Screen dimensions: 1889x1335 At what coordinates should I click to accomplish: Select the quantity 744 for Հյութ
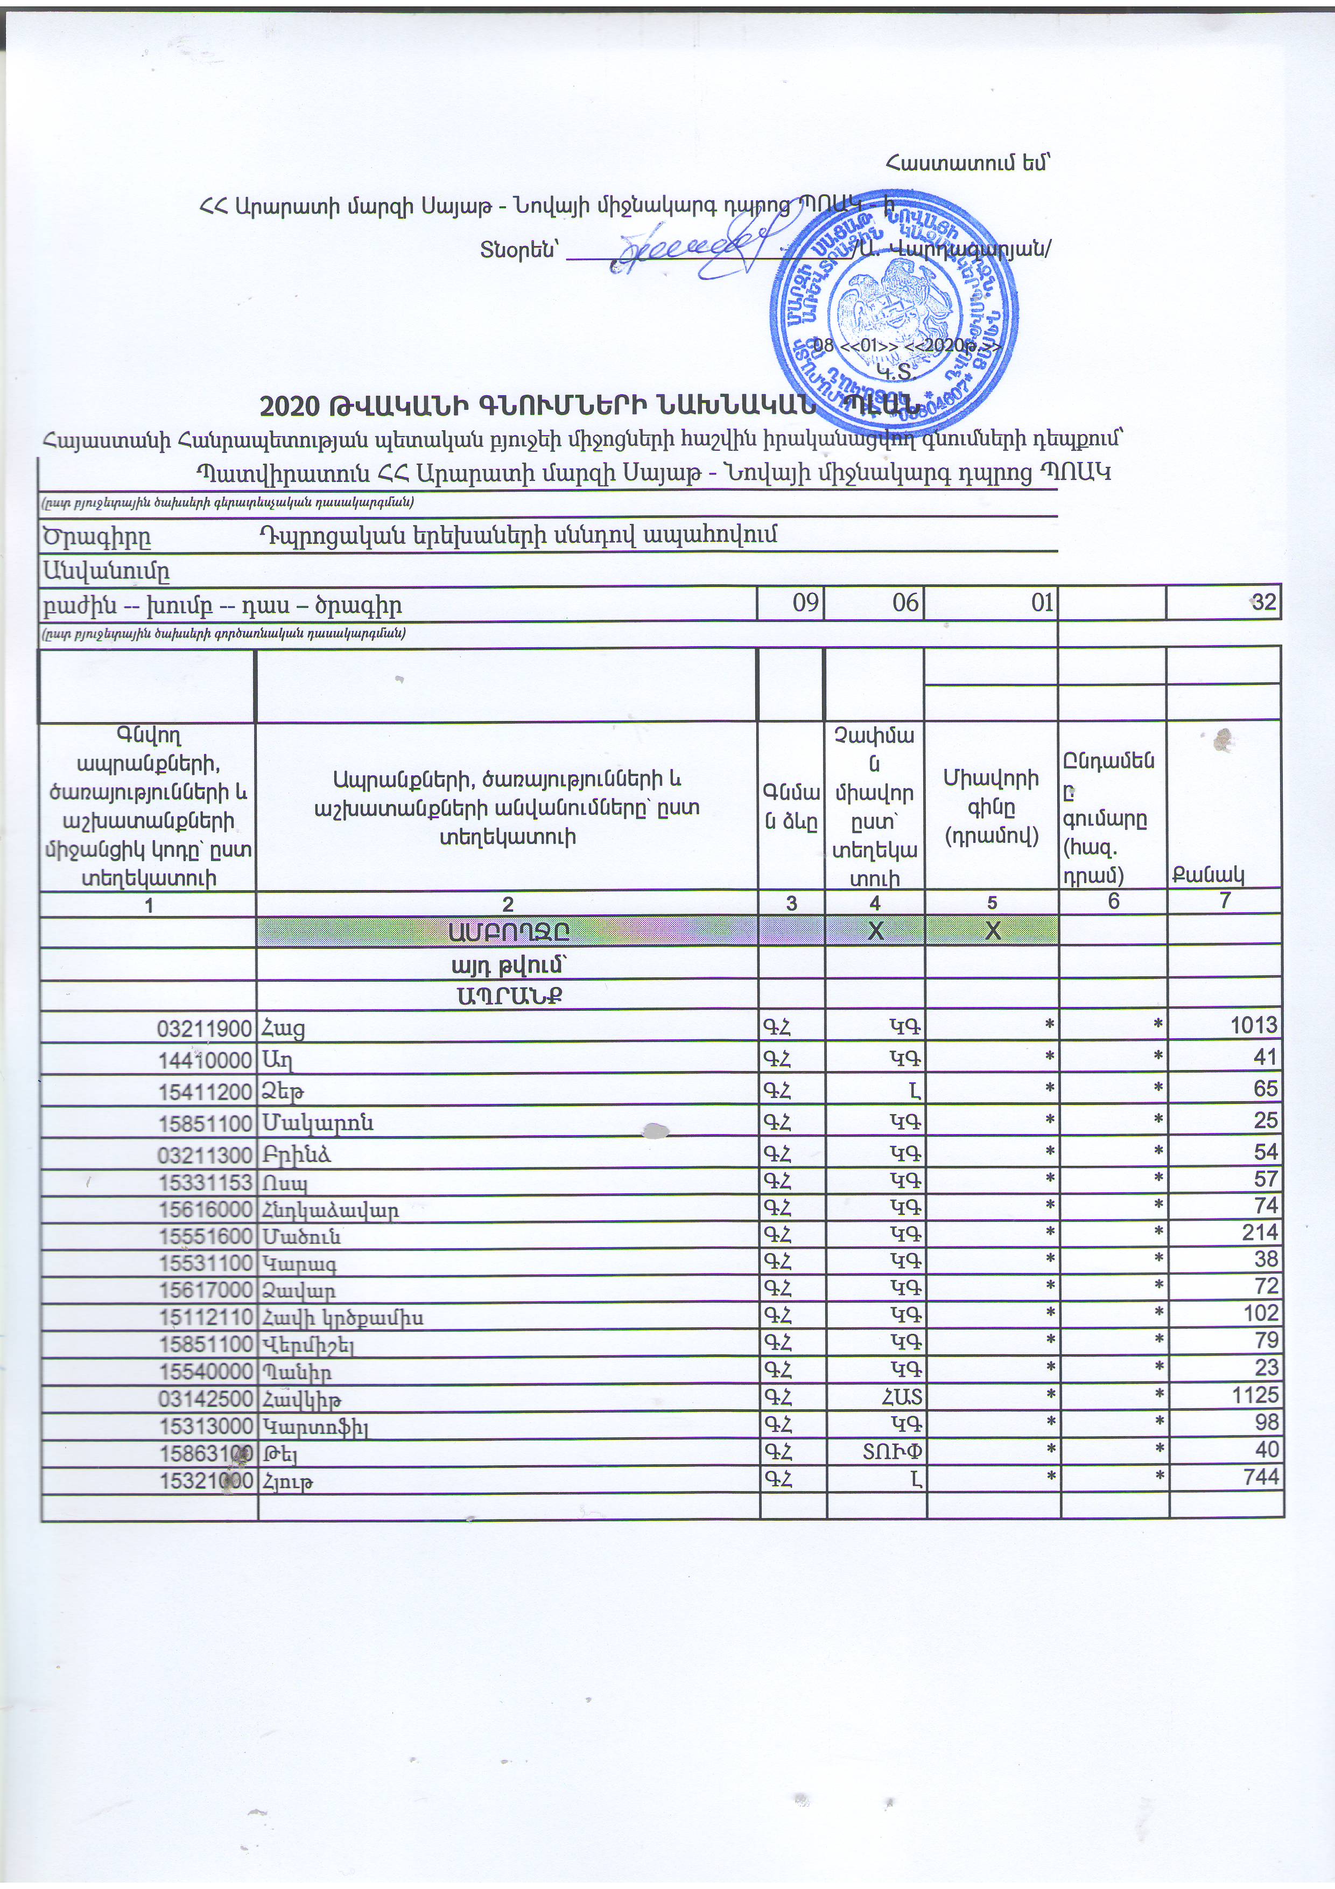coord(1261,1477)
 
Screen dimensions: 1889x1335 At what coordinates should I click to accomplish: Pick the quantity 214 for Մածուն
coord(1261,1232)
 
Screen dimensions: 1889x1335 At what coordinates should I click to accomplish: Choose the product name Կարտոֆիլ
coord(315,1423)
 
